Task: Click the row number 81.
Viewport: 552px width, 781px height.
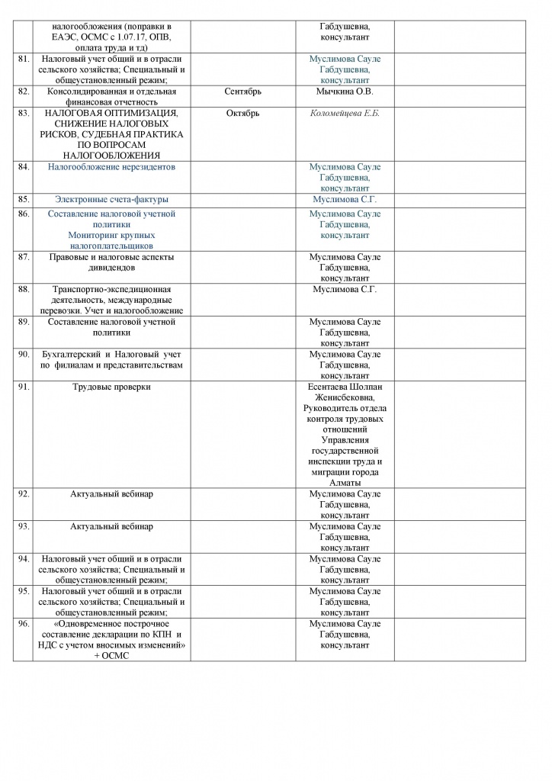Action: click(23, 59)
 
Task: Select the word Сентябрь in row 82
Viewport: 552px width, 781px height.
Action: click(243, 92)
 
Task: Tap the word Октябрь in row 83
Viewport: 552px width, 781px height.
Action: click(243, 114)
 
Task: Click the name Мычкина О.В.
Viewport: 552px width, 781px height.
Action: click(345, 92)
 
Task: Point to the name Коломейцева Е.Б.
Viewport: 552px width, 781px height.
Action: click(345, 114)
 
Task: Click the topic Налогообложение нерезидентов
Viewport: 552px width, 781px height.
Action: click(111, 166)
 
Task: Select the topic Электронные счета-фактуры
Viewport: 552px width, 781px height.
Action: click(111, 199)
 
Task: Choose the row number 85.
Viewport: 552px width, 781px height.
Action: click(23, 199)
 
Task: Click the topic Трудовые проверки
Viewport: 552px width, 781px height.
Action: click(111, 387)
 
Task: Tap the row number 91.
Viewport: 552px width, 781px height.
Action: click(23, 387)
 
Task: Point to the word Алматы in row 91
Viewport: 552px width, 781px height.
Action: click(345, 483)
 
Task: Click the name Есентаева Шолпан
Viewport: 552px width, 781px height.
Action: click(345, 387)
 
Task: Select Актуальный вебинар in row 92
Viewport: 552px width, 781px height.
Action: click(111, 494)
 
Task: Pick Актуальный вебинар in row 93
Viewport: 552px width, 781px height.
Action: click(111, 526)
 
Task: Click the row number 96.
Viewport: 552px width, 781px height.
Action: click(23, 623)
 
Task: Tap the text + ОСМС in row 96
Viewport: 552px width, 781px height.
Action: click(111, 656)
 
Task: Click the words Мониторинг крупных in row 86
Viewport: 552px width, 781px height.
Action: click(111, 236)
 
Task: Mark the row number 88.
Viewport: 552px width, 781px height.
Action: click(23, 290)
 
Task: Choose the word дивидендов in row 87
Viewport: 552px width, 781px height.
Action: click(111, 268)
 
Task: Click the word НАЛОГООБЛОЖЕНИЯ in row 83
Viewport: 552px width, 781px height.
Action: click(111, 156)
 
